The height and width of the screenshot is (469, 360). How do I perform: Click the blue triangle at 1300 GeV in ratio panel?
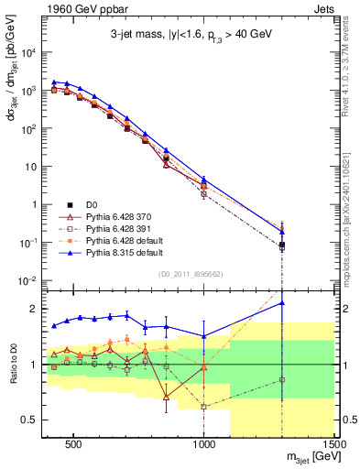(282, 302)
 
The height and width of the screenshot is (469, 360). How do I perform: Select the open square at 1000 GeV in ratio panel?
(204, 406)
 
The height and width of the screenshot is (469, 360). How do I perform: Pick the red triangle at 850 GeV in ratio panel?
(166, 397)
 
